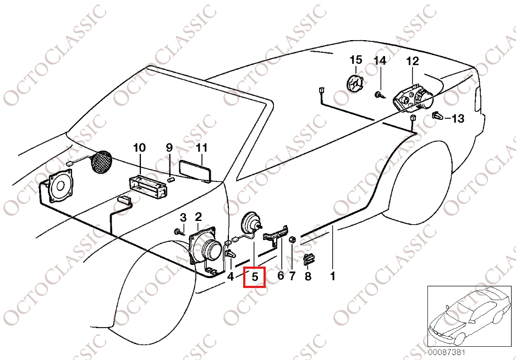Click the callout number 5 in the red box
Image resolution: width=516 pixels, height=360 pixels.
pyautogui.click(x=255, y=277)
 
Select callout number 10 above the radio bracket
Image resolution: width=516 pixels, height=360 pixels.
pyautogui.click(x=139, y=148)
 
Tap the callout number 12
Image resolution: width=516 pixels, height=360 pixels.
pyautogui.click(x=413, y=61)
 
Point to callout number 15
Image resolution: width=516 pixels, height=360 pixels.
pyautogui.click(x=356, y=60)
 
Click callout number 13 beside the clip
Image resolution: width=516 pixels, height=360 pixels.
pyautogui.click(x=458, y=118)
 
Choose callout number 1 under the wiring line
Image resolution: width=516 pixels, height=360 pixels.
pyautogui.click(x=332, y=276)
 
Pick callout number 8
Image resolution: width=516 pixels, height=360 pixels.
pyautogui.click(x=308, y=276)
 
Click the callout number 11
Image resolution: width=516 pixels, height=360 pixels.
pyautogui.click(x=201, y=148)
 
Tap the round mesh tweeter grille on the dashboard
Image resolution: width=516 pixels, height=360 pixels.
pyautogui.click(x=101, y=162)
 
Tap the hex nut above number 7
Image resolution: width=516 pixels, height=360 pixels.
pyautogui.click(x=292, y=240)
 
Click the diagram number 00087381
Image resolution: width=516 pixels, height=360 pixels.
pyautogui.click(x=447, y=352)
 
